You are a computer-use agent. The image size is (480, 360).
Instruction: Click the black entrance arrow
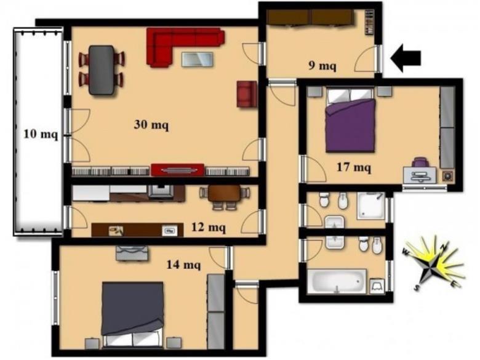[406, 58]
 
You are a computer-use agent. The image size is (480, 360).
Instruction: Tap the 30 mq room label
[151, 124]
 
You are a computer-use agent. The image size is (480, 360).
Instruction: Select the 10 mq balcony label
[41, 134]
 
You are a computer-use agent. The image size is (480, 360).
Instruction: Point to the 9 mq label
[322, 65]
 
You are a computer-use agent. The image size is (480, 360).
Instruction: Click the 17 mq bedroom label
[354, 167]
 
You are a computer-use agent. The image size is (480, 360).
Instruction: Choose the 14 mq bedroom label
[183, 264]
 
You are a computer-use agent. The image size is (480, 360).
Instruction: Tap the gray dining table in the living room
[102, 70]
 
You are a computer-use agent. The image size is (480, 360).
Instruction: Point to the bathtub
[337, 281]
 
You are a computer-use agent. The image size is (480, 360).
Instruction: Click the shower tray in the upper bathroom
[371, 206]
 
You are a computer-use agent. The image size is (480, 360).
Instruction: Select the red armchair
[247, 94]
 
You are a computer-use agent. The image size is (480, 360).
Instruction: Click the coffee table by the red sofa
[198, 60]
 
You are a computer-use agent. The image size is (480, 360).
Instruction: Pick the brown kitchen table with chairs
[225, 197]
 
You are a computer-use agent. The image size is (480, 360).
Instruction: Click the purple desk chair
[420, 162]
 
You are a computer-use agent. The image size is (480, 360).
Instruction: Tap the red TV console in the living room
[178, 170]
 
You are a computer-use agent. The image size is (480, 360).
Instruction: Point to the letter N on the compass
[445, 245]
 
